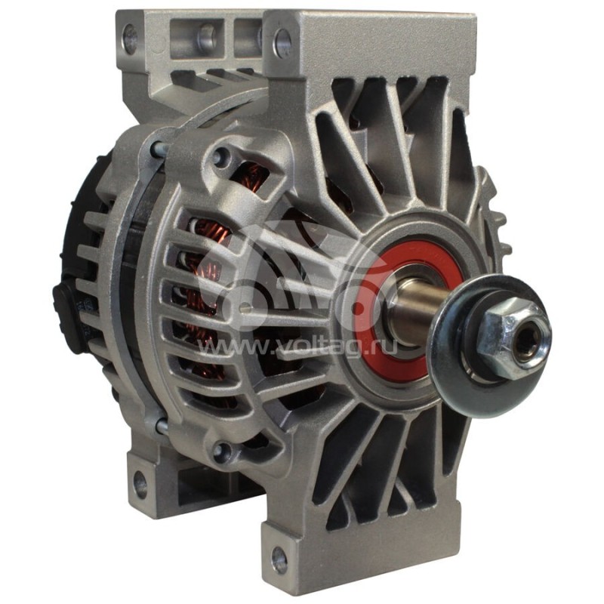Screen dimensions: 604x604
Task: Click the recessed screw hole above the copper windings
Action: (x=221, y=156)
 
